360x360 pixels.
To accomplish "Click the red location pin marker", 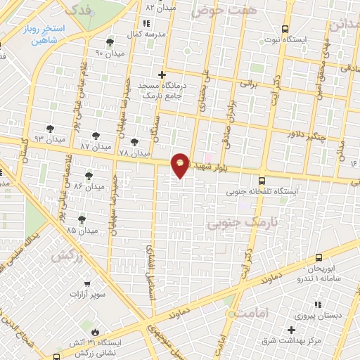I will tap(181, 165).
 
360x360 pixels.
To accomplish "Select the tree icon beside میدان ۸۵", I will tap(82, 219).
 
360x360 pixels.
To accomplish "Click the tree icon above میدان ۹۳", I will tap(49, 128).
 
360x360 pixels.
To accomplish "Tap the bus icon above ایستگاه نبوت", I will tap(284, 29).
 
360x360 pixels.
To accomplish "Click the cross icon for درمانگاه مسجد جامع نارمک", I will tap(162, 74).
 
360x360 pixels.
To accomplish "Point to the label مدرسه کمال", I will tap(150, 34).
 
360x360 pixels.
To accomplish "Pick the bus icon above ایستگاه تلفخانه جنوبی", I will tap(262, 179).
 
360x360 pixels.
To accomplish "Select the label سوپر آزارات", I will tap(107, 293).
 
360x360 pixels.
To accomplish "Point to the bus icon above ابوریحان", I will tap(319, 258).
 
